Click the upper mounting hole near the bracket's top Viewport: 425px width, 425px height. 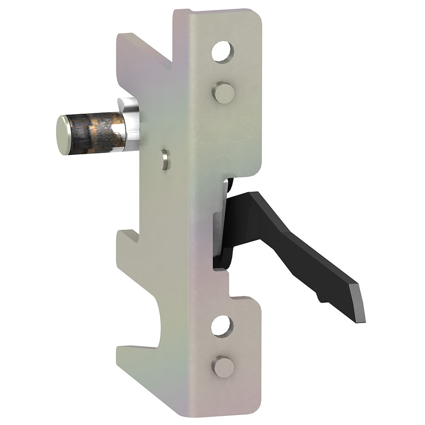pyautogui.click(x=223, y=52)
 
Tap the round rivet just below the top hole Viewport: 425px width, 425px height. pyautogui.click(x=222, y=92)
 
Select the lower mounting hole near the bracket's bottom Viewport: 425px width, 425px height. pyautogui.click(x=222, y=326)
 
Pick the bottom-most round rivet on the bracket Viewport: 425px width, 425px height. pyautogui.click(x=222, y=366)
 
